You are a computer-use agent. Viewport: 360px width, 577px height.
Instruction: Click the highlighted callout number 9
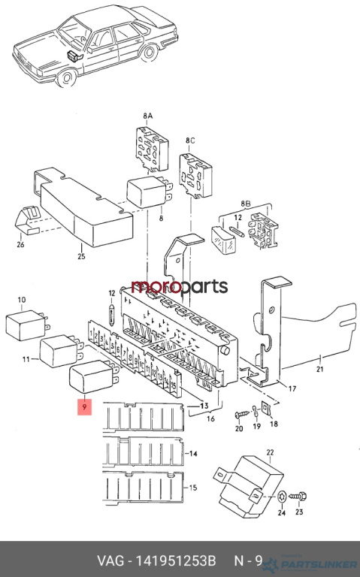click(x=84, y=406)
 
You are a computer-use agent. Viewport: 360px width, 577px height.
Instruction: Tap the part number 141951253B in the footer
click(x=176, y=560)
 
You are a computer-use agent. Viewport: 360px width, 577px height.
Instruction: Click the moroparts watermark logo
click(x=180, y=287)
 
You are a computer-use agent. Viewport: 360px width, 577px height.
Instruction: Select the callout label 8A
click(x=147, y=116)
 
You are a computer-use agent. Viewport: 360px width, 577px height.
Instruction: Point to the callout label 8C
click(x=190, y=140)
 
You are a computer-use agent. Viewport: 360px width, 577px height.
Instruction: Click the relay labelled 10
click(x=27, y=325)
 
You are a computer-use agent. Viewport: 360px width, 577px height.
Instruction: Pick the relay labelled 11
click(x=62, y=351)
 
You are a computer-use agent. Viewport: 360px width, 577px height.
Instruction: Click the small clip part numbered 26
click(x=28, y=220)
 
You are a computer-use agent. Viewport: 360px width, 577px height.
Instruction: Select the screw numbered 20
click(x=242, y=415)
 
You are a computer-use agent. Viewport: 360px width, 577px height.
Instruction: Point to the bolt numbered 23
click(x=298, y=496)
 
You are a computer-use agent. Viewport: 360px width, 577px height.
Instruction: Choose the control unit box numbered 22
click(x=249, y=486)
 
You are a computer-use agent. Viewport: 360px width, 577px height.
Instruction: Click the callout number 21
click(x=319, y=369)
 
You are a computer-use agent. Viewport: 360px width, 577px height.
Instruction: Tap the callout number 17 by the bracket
click(x=292, y=388)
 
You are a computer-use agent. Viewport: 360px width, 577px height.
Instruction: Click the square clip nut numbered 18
click(x=265, y=408)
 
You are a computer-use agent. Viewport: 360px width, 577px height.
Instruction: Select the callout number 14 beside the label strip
click(x=193, y=454)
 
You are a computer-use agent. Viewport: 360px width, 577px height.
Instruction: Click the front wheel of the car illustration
click(x=67, y=77)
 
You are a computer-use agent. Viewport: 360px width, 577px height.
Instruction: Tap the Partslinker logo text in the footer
click(x=319, y=564)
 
